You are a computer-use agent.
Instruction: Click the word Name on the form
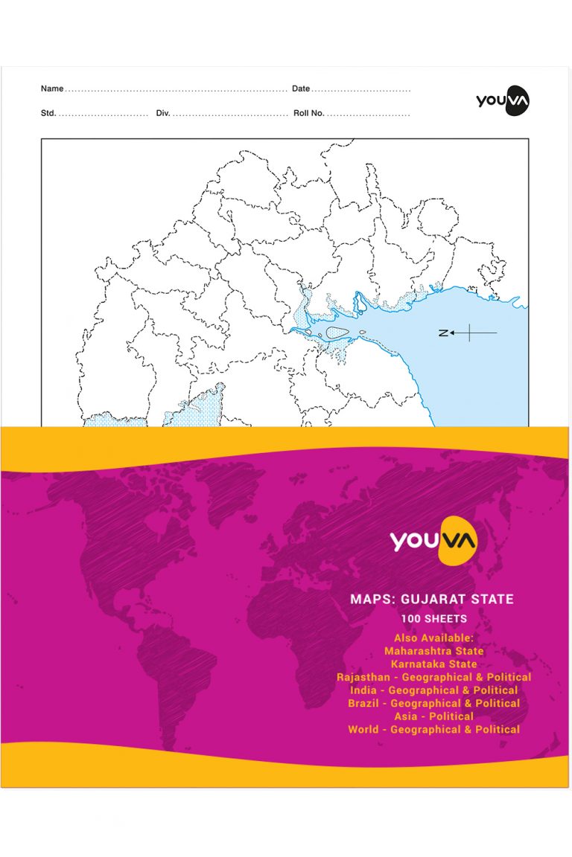(52, 89)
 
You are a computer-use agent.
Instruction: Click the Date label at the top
(301, 89)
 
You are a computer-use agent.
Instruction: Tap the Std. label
(48, 114)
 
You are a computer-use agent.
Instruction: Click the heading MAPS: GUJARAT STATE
(433, 599)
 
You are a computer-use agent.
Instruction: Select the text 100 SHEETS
(433, 619)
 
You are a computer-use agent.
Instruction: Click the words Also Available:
(433, 638)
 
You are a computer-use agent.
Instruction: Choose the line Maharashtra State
(433, 651)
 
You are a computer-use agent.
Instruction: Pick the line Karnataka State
(433, 664)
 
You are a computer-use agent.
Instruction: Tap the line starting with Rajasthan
(433, 677)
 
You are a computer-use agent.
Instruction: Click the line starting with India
(433, 690)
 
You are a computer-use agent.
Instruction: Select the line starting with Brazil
(433, 703)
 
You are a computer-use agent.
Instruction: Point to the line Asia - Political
(433, 716)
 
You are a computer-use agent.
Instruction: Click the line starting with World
(433, 730)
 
